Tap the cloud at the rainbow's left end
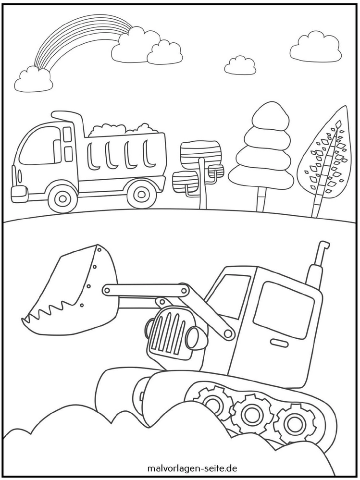point(34,80)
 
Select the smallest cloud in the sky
point(240,66)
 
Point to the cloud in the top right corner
point(315,48)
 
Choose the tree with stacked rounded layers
point(262,149)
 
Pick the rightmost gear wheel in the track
point(293,423)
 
